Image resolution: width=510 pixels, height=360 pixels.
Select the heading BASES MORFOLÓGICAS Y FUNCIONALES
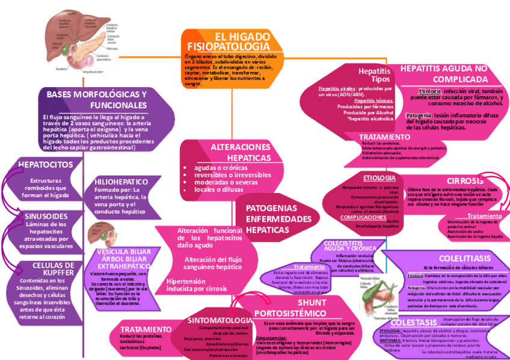tap(97, 100)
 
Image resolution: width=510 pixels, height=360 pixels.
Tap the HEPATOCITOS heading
tap(46, 165)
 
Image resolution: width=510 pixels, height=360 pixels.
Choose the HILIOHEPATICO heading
tap(121, 182)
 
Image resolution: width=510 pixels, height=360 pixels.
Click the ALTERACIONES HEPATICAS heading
tap(241, 152)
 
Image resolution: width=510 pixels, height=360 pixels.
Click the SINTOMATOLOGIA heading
tap(220, 320)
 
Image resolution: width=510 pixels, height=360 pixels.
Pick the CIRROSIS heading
tap(465, 181)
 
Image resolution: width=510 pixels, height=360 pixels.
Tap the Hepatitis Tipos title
tap(374, 75)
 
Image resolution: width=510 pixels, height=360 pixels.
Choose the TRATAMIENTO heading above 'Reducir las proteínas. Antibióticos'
tap(146, 329)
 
